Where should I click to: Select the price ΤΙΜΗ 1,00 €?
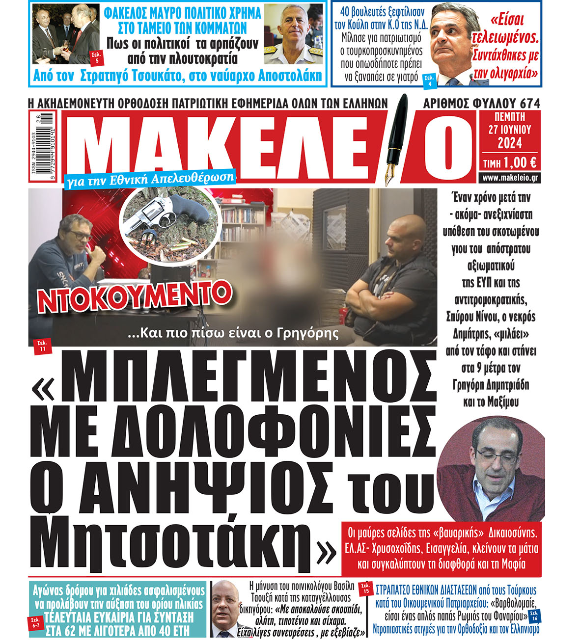[x=509, y=162]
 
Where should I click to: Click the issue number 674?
[x=531, y=104]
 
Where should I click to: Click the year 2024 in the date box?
[x=509, y=143]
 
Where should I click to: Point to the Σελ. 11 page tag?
[x=42, y=346]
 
